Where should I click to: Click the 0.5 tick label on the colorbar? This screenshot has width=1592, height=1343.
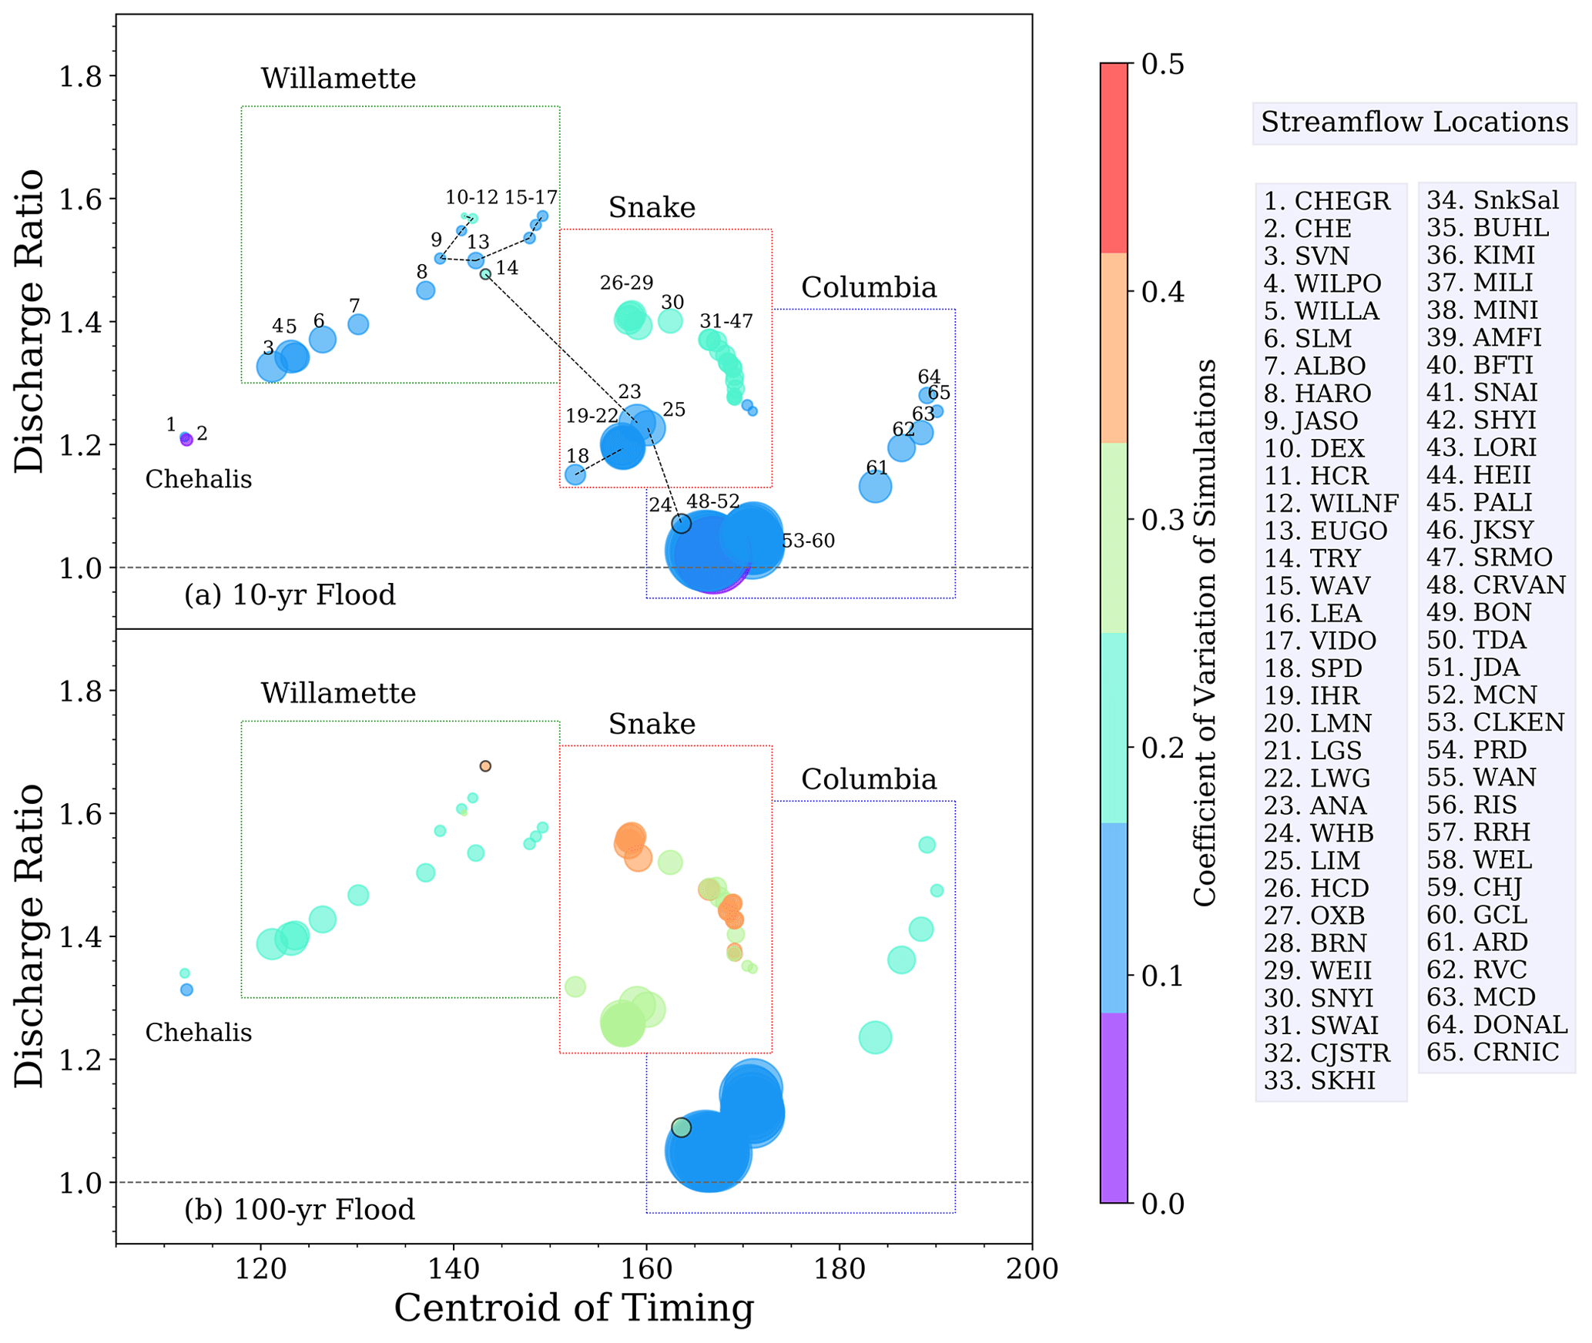click(x=1162, y=64)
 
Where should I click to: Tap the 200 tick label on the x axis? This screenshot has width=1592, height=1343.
click(x=1031, y=1268)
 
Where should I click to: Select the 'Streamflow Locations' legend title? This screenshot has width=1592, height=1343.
click(x=1414, y=122)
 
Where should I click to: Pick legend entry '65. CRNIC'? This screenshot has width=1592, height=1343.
click(x=1492, y=1052)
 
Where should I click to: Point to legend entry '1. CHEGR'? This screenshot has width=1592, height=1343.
click(x=1327, y=201)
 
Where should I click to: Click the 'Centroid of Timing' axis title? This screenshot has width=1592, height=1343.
click(x=574, y=1308)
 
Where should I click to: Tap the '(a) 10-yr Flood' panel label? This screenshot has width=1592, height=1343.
click(x=290, y=595)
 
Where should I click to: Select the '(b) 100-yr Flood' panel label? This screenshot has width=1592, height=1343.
click(x=300, y=1210)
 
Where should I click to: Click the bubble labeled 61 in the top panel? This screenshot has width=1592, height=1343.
click(x=875, y=487)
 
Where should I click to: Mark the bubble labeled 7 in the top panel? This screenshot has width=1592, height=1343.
click(x=358, y=324)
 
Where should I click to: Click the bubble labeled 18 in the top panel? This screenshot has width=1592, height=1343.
click(x=575, y=475)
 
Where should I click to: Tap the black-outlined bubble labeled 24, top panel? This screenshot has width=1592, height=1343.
click(x=681, y=524)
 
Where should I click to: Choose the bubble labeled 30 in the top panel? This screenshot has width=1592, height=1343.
click(x=671, y=321)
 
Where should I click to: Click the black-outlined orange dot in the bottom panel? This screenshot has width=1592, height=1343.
click(x=485, y=766)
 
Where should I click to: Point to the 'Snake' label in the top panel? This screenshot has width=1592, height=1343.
click(x=652, y=208)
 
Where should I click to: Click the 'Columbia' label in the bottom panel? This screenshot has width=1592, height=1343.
click(x=869, y=779)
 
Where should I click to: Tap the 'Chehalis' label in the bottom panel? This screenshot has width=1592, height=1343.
click(x=199, y=1033)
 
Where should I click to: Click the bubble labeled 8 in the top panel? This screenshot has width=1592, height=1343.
click(x=425, y=290)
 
